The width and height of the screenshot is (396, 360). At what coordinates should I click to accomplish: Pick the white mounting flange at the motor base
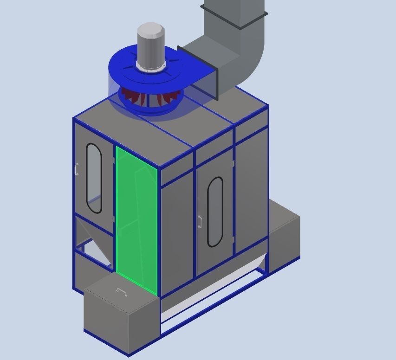(150, 70)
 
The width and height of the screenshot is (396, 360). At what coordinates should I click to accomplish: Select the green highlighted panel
(136, 218)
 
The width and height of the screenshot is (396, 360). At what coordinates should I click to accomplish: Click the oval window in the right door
(214, 211)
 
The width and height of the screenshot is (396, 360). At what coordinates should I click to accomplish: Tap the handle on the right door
(200, 222)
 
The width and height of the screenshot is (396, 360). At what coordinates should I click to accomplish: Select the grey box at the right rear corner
(284, 237)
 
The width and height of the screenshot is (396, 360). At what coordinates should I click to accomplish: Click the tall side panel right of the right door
(251, 190)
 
